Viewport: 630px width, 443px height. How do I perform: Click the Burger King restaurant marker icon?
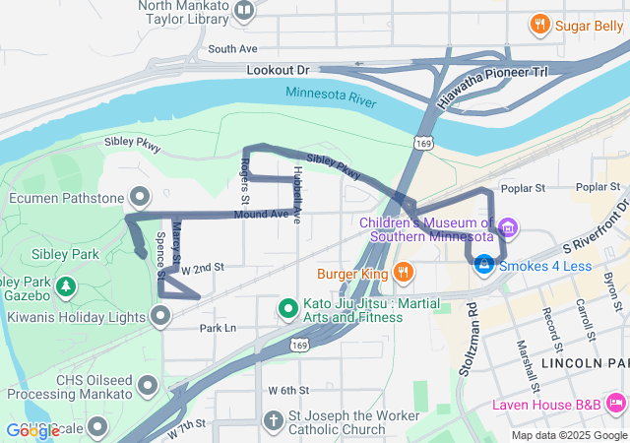(403, 272)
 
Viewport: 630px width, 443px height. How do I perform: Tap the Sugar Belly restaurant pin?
(539, 25)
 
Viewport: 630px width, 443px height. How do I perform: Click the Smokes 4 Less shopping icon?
(483, 265)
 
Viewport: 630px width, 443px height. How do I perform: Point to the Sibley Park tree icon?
(66, 286)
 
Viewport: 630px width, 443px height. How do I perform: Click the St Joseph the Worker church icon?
(275, 421)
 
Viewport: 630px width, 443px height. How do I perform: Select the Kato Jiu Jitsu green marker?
(288, 309)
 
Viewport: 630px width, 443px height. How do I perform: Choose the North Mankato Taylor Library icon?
(244, 12)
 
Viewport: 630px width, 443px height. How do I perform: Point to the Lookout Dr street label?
(278, 70)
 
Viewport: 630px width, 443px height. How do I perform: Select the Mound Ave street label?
(261, 214)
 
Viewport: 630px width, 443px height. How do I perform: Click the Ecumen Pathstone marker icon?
(139, 195)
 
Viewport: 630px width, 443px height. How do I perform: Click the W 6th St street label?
(288, 390)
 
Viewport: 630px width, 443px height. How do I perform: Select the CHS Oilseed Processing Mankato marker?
(148, 384)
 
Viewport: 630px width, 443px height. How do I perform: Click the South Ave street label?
(232, 48)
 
